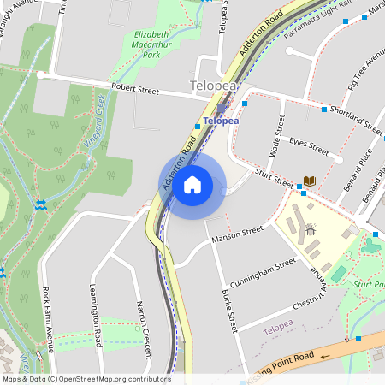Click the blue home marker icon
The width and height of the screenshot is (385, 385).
coord(192,184)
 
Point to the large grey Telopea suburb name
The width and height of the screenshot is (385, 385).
coord(213,86)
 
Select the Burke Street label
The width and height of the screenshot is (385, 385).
coord(229,309)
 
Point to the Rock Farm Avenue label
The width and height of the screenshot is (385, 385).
coord(50,318)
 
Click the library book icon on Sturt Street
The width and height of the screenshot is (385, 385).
coord(310,181)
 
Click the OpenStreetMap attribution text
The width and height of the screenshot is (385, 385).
coord(86,379)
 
